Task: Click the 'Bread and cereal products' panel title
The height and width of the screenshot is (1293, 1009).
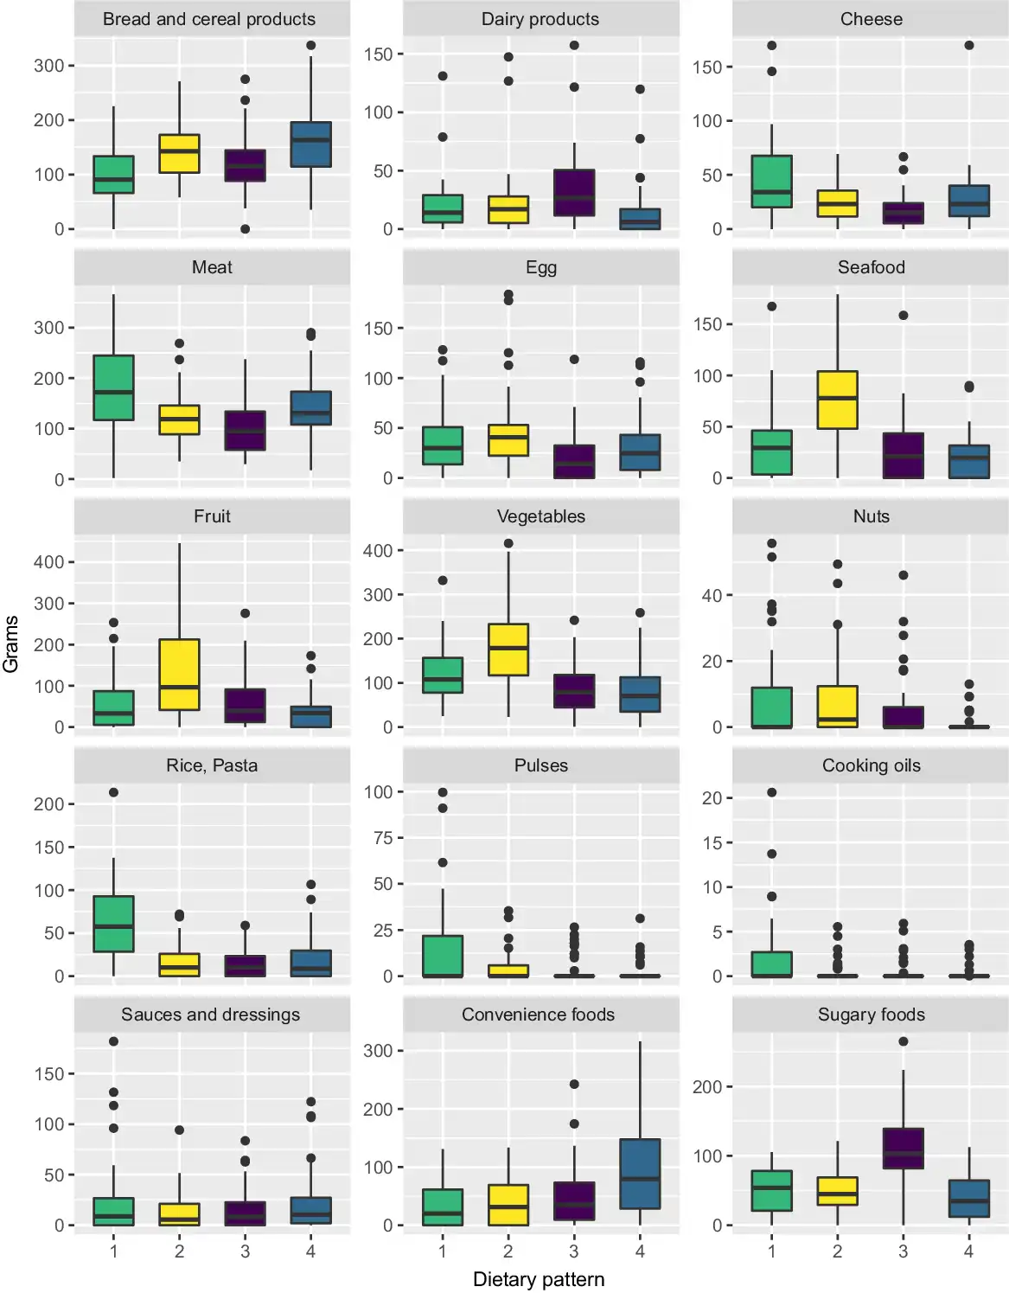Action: tap(209, 19)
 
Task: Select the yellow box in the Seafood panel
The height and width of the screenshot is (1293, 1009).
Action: tap(837, 400)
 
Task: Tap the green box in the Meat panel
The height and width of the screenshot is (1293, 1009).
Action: tap(113, 387)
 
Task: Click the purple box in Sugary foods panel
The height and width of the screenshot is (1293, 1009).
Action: tap(903, 1149)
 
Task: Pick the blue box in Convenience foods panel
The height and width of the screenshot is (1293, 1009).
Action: tap(640, 1174)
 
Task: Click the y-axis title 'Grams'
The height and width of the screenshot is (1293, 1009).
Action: tap(10, 644)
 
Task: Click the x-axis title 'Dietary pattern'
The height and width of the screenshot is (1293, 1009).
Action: tap(539, 1279)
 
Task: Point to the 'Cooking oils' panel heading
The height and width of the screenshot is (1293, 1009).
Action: tap(871, 765)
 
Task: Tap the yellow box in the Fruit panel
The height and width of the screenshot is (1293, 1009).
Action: tap(179, 675)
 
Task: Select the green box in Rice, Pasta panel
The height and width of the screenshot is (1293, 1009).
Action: tap(113, 924)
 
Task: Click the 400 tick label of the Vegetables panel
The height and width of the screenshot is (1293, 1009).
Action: tap(378, 551)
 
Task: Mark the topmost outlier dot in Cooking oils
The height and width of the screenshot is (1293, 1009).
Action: tap(771, 792)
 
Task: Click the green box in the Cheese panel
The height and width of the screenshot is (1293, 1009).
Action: tap(771, 182)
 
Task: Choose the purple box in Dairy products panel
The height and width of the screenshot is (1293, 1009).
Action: tap(574, 193)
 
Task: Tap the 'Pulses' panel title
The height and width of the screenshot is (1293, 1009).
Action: tap(541, 765)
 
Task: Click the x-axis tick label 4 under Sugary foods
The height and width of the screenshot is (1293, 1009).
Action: tap(968, 1251)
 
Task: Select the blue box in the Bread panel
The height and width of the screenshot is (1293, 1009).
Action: tap(310, 144)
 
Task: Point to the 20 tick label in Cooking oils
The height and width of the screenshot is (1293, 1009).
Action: tap(712, 798)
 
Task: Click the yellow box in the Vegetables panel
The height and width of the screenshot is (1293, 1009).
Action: tap(508, 650)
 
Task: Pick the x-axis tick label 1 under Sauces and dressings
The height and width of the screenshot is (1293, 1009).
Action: tap(113, 1251)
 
